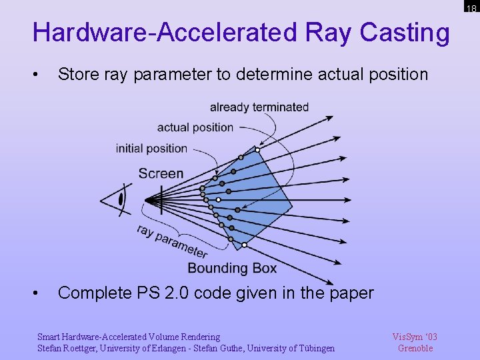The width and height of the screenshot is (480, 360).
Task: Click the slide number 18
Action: coord(471,9)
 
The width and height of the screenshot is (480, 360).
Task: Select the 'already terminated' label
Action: coord(259,107)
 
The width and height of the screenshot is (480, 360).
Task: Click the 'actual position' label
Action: coord(195,127)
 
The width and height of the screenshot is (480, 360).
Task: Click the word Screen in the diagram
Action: coord(161,173)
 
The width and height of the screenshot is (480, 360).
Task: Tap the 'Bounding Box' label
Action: coord(232,268)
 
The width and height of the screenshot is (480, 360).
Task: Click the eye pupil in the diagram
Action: coord(121,199)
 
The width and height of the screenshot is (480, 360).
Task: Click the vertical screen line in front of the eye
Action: coord(161,199)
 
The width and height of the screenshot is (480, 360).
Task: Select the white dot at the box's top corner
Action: coord(255,149)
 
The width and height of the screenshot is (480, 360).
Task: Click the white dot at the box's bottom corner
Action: coord(245,245)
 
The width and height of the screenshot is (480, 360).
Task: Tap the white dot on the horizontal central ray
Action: coord(218,199)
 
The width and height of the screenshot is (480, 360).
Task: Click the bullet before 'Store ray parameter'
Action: coord(43,74)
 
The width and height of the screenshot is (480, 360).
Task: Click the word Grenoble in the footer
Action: coord(415,348)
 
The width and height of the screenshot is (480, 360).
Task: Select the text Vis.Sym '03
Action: coord(415,337)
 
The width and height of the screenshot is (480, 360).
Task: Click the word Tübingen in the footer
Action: coord(315,348)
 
